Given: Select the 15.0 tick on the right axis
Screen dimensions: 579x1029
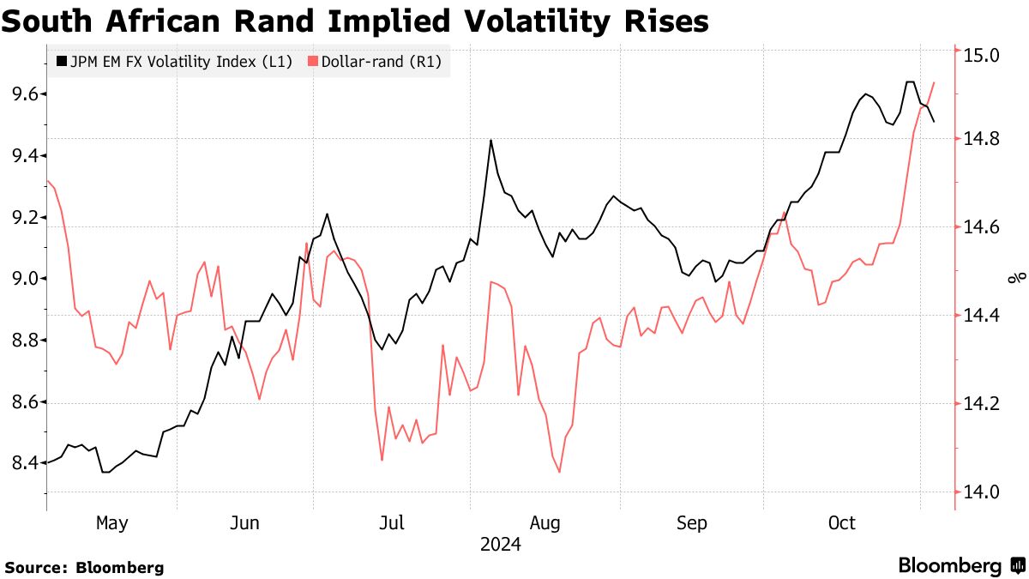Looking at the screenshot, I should [983, 56].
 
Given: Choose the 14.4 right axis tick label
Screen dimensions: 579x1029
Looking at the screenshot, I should [983, 317].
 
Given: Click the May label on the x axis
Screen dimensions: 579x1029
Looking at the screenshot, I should [111, 522].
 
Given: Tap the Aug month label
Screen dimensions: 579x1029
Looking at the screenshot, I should [545, 522].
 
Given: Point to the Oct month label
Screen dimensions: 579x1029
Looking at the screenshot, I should [842, 522].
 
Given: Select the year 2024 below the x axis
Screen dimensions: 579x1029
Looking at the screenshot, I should [500, 544].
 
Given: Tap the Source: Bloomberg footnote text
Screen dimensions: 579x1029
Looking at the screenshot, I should [84, 567].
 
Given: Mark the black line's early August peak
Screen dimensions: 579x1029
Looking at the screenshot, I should [490, 140].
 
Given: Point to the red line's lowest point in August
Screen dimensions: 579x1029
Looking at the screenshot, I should [559, 472].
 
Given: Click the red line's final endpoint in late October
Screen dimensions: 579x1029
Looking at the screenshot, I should [934, 82].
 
